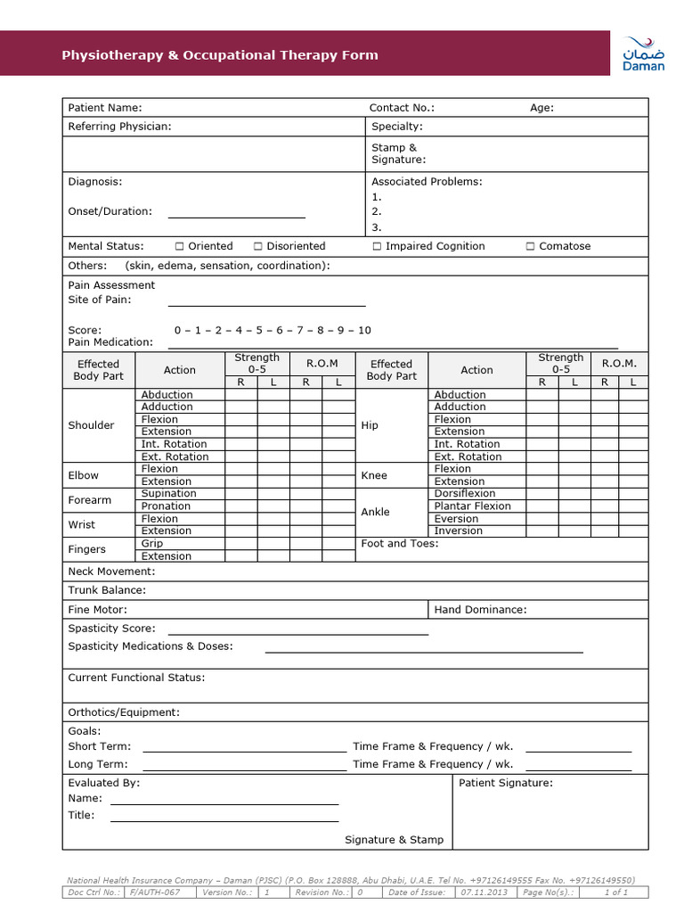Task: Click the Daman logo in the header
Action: (x=642, y=54)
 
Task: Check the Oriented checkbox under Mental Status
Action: (x=179, y=246)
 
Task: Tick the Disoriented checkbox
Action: (x=257, y=246)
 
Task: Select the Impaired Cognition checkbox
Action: (x=377, y=246)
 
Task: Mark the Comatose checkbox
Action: (x=530, y=246)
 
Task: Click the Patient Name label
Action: (x=104, y=108)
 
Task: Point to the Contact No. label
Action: (x=402, y=108)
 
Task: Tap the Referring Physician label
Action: (x=119, y=127)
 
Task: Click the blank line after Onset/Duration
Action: (x=236, y=216)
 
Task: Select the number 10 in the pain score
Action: (x=364, y=330)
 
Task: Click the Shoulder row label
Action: (x=91, y=425)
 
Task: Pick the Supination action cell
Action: (x=168, y=493)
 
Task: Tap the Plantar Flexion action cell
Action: (x=472, y=506)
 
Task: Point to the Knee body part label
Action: (x=374, y=475)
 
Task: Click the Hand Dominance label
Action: (x=480, y=610)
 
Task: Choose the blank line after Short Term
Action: (x=244, y=751)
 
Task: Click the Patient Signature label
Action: (x=505, y=783)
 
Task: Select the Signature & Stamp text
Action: (x=394, y=840)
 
